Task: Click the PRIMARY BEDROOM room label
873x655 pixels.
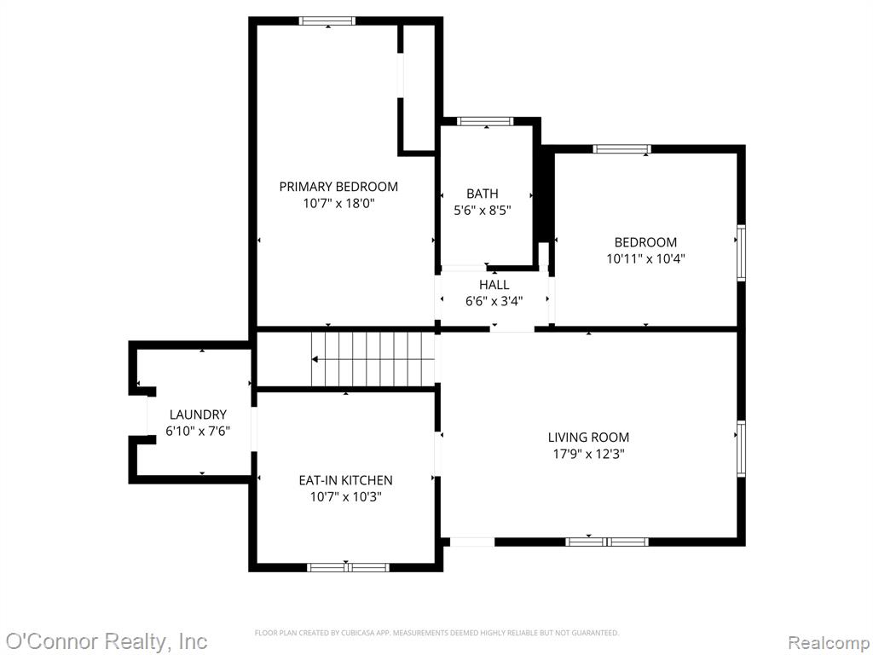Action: [338, 187]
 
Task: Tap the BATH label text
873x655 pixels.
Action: [483, 194]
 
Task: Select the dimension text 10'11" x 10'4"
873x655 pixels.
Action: [645, 258]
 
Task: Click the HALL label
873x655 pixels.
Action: [494, 285]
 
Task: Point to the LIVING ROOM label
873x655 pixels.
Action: [588, 438]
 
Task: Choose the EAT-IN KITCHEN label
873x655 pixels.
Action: [346, 480]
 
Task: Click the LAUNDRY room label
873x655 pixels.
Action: [198, 414]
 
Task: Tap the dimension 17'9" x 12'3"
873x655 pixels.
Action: [588, 454]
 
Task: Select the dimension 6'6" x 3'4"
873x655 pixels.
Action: [494, 301]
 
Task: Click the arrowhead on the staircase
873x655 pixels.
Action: [315, 359]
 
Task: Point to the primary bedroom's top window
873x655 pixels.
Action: [327, 21]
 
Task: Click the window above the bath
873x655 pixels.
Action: [485, 121]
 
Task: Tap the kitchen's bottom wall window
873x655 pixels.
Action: [348, 567]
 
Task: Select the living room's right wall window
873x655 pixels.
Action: [741, 449]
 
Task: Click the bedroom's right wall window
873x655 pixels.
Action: [741, 252]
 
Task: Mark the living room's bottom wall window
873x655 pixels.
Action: [607, 542]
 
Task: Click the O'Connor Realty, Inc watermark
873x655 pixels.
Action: [106, 641]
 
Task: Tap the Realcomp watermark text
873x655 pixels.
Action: [829, 642]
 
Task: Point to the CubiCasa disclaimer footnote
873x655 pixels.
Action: [436, 633]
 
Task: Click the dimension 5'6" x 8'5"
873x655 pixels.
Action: [483, 211]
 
